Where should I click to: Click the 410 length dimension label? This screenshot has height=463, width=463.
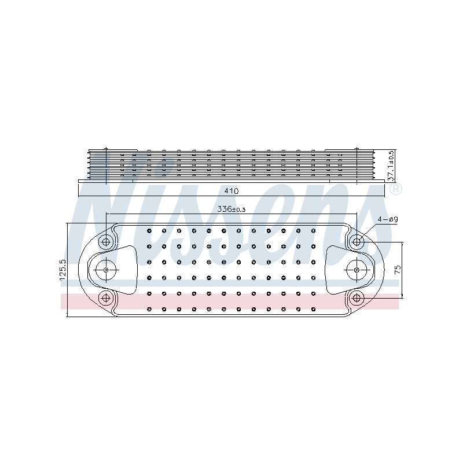coord(231,191)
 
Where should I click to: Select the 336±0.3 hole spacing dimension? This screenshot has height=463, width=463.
coord(231,210)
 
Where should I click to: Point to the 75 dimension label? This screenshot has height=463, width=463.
coord(398,269)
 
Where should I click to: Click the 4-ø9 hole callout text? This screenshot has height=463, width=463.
coord(388,219)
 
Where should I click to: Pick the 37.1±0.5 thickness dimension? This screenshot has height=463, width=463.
coord(391,166)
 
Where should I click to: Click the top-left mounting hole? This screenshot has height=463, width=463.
coord(106,242)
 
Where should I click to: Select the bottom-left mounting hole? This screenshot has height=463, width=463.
coord(106,298)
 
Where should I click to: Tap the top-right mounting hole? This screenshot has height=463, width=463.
coord(357,242)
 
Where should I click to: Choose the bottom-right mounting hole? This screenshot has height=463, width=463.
coord(357,298)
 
